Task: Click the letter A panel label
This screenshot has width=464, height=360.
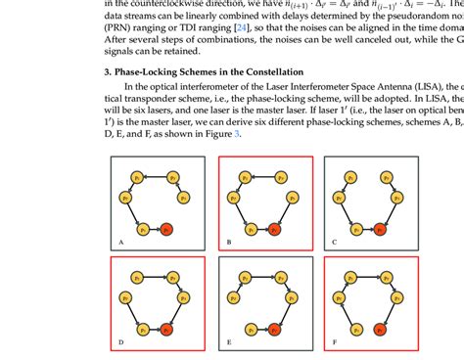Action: (119, 241)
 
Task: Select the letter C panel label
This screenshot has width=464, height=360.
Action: (333, 241)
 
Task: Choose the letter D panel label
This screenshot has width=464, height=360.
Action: (119, 342)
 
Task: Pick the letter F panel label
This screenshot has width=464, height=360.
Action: (333, 342)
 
